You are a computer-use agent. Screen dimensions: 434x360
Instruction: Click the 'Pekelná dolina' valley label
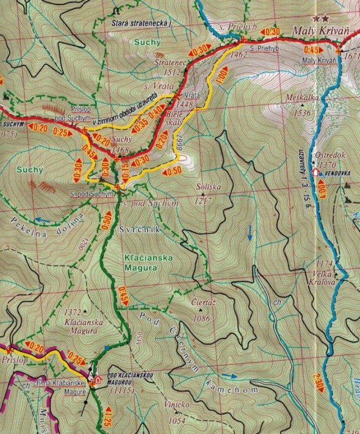[52, 223]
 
